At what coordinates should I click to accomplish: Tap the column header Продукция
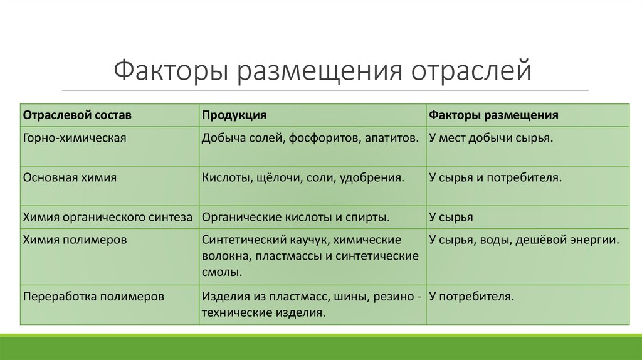click(234, 115)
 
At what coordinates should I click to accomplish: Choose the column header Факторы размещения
click(494, 115)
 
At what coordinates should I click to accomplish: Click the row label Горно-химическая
click(75, 137)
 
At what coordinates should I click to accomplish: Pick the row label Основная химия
click(70, 177)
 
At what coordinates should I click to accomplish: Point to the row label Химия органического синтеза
click(108, 217)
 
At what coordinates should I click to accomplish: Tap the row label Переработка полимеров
click(93, 295)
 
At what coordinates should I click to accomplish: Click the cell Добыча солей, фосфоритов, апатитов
click(310, 137)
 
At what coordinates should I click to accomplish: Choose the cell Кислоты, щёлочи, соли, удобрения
click(302, 177)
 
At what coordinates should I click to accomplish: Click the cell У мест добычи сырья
click(491, 137)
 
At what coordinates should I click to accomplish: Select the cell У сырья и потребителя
click(495, 177)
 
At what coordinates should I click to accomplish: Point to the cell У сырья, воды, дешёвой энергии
click(524, 240)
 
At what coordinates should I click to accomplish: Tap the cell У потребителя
click(471, 295)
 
